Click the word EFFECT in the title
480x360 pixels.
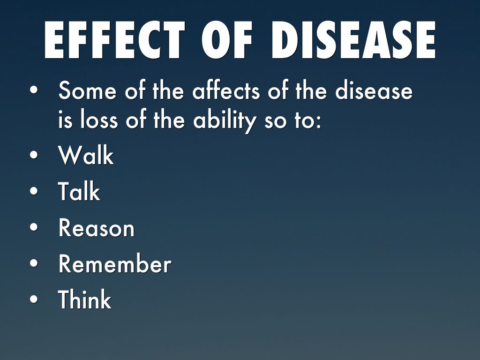pos(114,40)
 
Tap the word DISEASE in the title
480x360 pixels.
pos(353,40)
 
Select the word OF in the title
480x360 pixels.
pos(227,40)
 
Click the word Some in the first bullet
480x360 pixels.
pos(88,90)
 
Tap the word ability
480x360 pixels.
pos(225,121)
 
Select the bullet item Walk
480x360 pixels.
pos(86,155)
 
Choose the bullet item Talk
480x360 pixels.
pos(79,191)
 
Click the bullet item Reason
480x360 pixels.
pos(97,228)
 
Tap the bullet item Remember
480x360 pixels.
pos(115,263)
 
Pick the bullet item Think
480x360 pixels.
pos(85,299)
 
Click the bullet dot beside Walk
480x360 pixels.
pos(34,155)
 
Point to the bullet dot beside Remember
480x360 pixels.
pos(34,263)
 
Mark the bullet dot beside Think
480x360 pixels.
pos(34,299)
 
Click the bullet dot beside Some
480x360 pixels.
pos(34,90)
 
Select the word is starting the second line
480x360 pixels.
pos(65,120)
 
